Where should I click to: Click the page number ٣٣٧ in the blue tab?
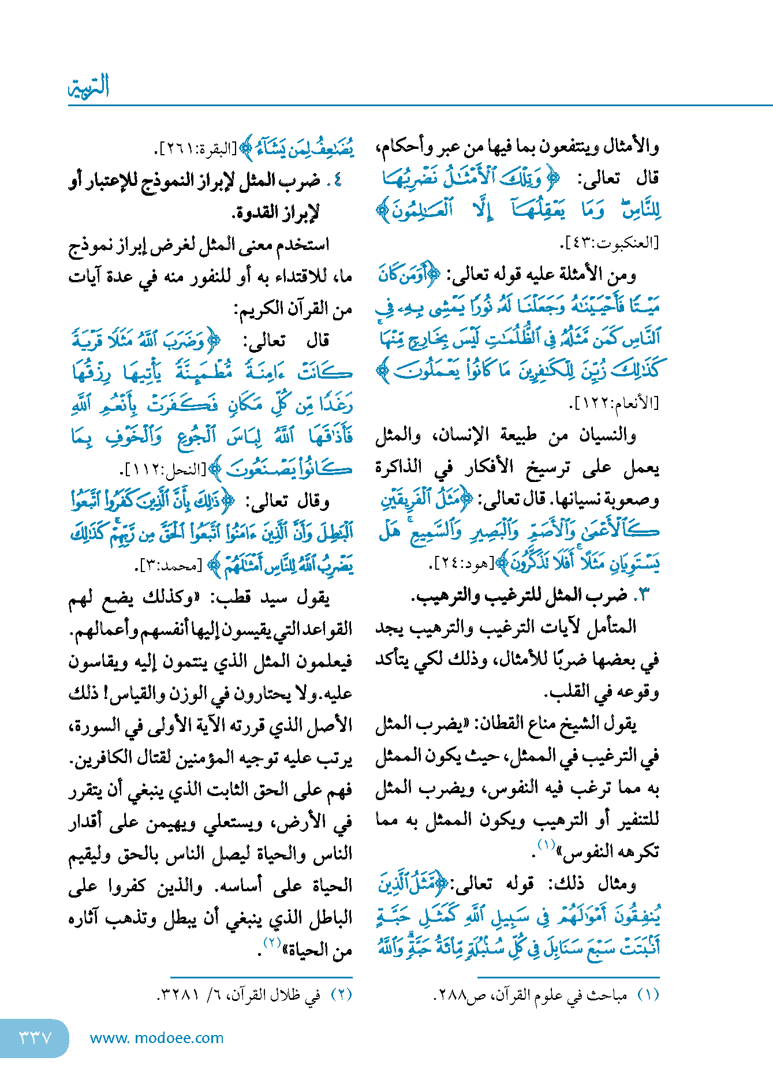click(35, 1037)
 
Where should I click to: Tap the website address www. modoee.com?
click(156, 1038)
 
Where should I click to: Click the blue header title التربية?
click(89, 87)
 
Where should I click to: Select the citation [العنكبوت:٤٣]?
click(610, 242)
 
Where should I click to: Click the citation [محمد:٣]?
click(170, 566)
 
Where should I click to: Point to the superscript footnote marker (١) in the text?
click(546, 845)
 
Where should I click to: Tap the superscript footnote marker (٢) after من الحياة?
click(272, 943)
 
